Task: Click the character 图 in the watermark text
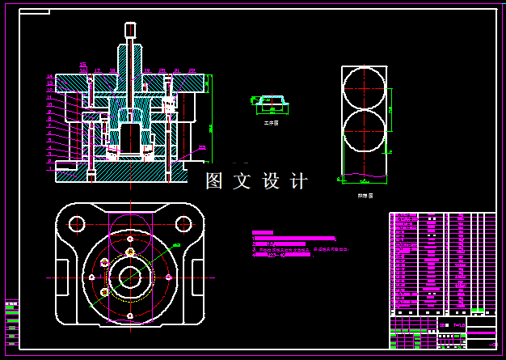(214, 181)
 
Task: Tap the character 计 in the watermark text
(299, 181)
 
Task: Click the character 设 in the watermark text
(271, 181)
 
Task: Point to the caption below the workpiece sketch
(271, 123)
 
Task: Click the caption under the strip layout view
(365, 195)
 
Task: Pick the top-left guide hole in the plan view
(78, 222)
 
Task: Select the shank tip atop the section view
(130, 30)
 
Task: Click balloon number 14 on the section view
(50, 76)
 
